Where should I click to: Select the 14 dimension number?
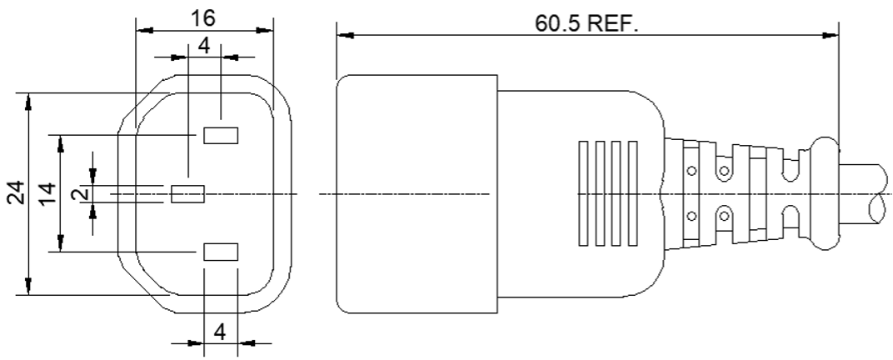tap(48, 193)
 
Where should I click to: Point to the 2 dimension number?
tap(81, 194)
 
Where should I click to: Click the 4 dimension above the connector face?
tap(204, 47)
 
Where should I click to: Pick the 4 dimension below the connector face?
tap(220, 332)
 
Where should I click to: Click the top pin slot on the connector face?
tap(221, 135)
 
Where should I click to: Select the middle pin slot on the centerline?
tap(187, 194)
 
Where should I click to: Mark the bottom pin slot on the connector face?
tap(221, 252)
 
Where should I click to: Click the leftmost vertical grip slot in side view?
tap(582, 193)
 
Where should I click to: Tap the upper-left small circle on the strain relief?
tap(691, 172)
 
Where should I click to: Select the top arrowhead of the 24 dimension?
tap(29, 101)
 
